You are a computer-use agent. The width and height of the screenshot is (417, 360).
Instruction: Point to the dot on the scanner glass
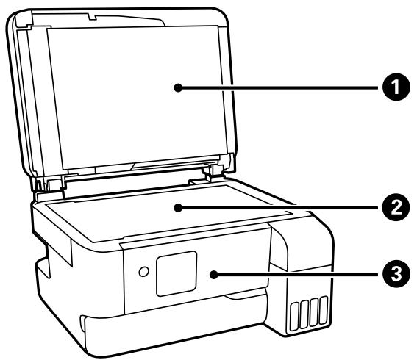pos(177,208)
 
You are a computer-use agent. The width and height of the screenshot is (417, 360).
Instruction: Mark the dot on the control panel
pos(213,276)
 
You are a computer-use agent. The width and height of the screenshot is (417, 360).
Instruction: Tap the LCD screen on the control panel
pos(177,273)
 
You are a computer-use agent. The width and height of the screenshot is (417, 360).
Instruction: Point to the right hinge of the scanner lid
pos(216,170)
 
